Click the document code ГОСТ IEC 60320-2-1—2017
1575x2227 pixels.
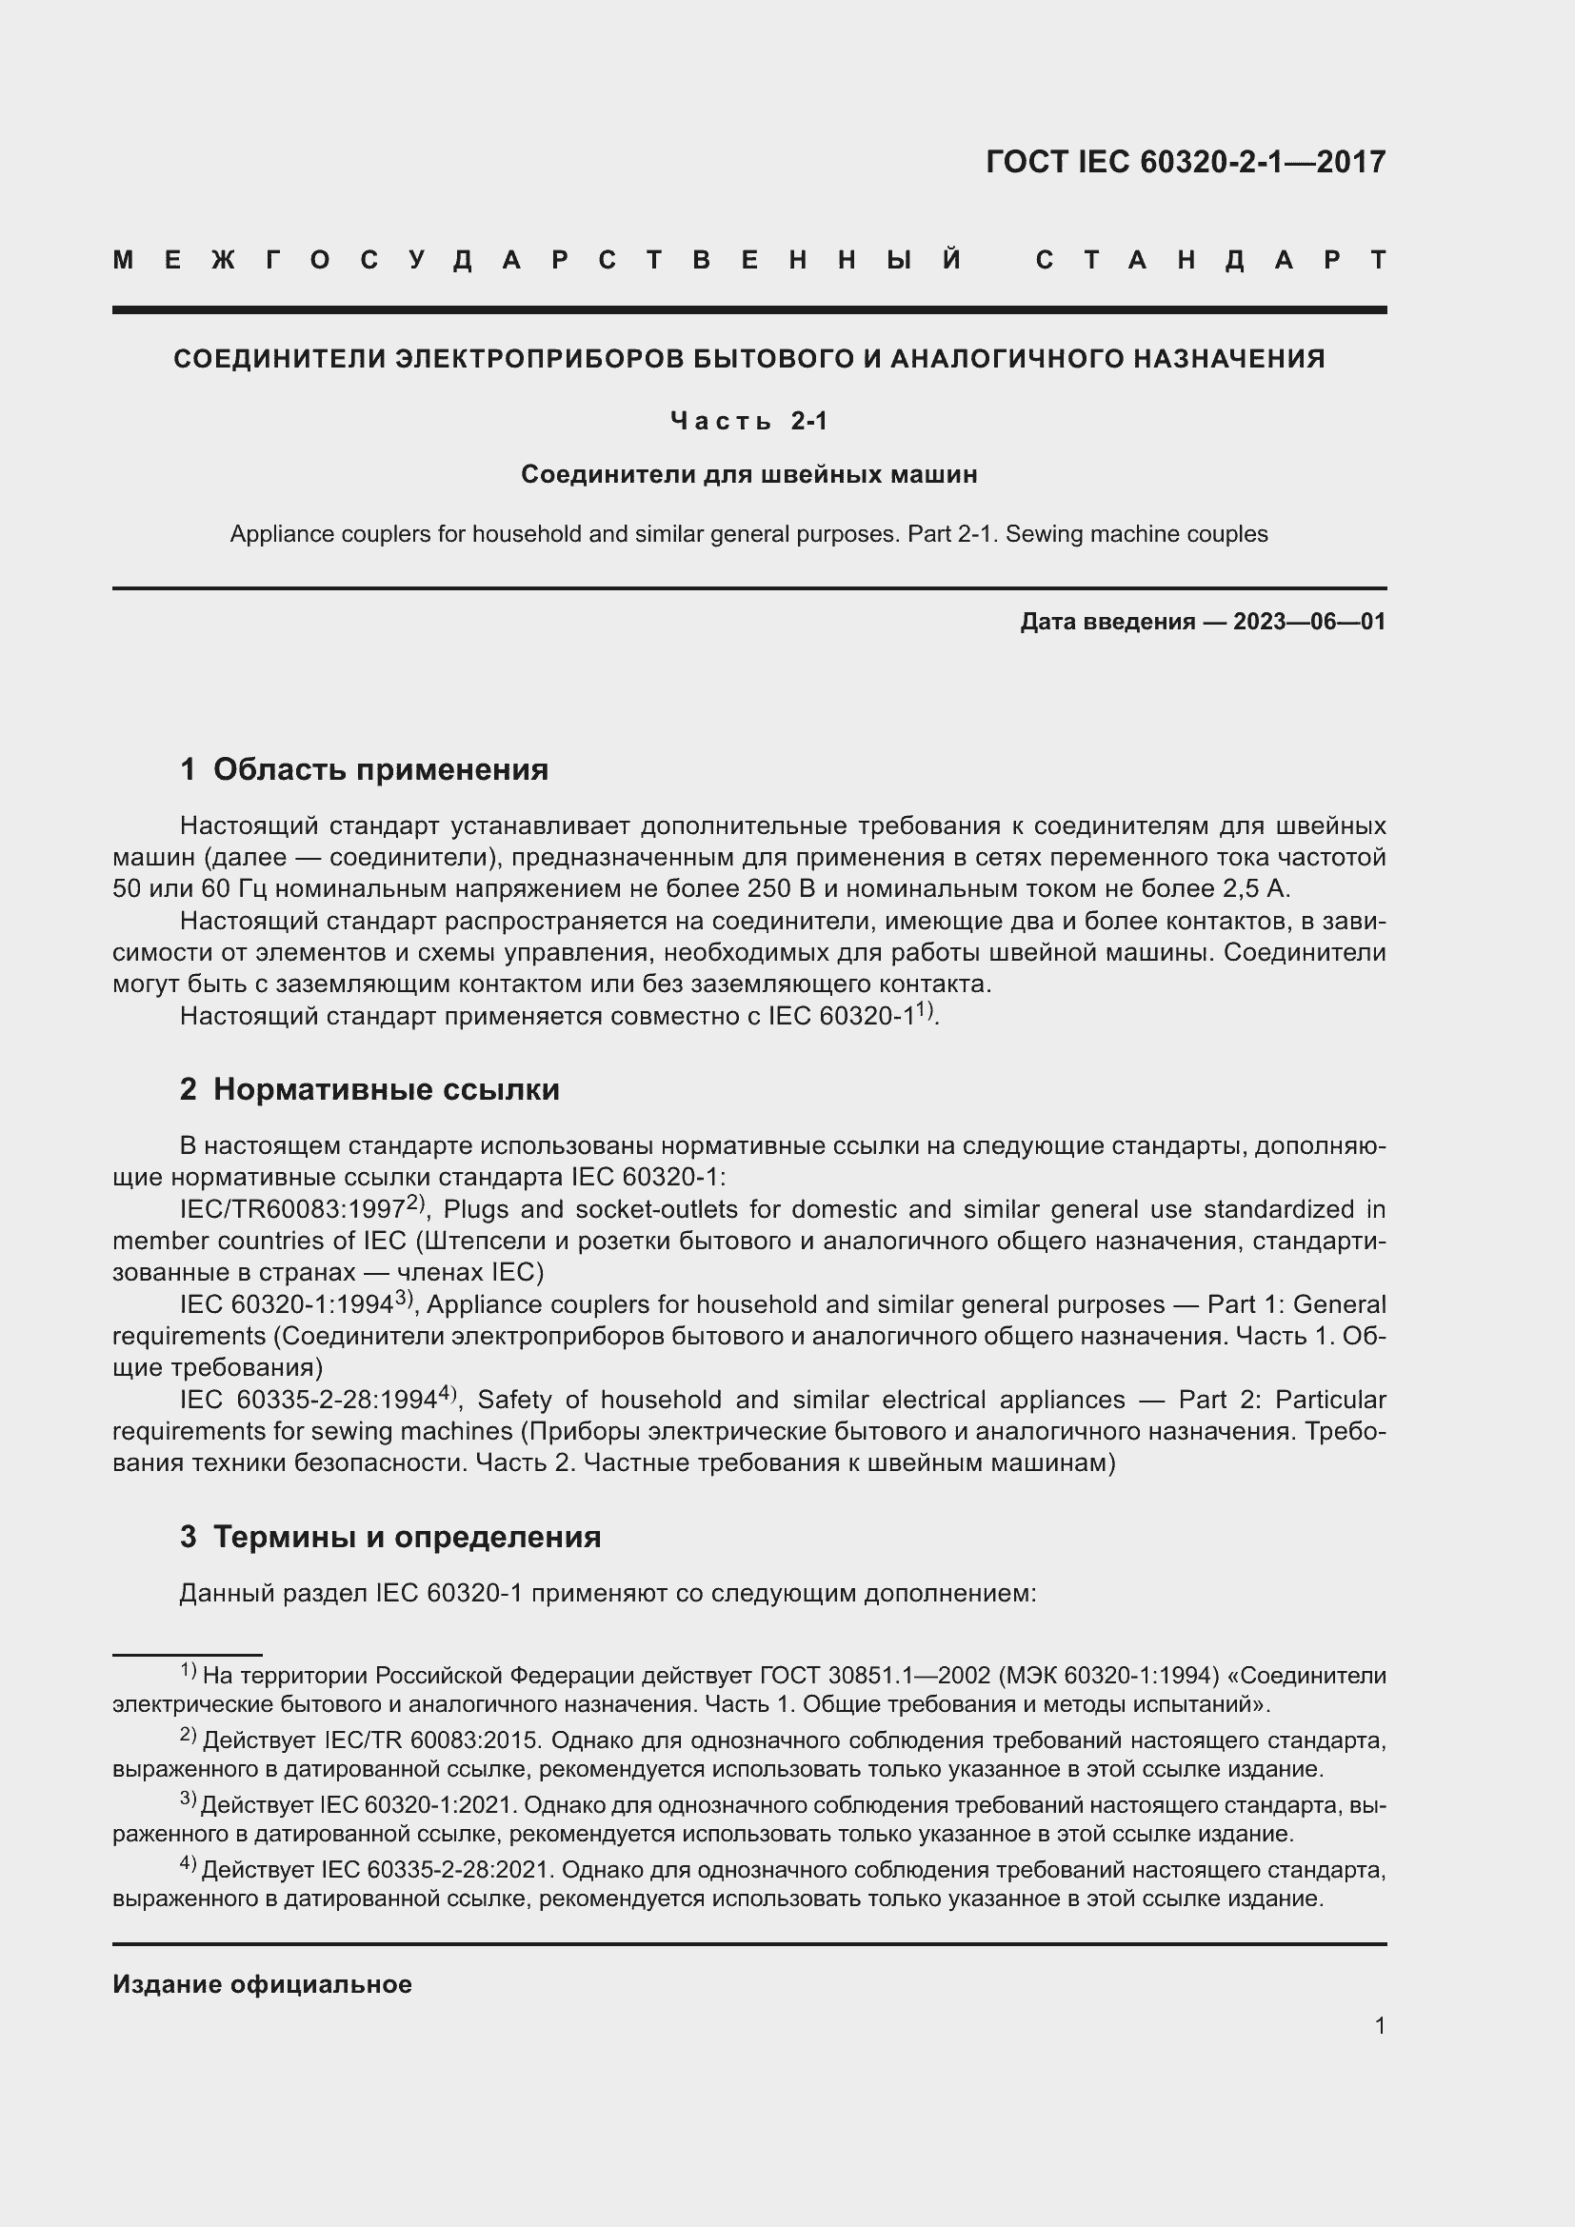(1186, 162)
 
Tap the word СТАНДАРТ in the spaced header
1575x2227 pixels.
(1210, 260)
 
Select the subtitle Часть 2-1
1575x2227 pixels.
(748, 421)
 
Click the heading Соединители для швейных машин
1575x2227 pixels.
(748, 474)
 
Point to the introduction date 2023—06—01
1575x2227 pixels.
(1309, 622)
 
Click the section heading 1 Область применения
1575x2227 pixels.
(364, 769)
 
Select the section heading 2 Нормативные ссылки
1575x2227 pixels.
(369, 1089)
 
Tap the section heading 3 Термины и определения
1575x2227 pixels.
(389, 1537)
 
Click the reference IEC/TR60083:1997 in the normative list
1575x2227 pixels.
(291, 1210)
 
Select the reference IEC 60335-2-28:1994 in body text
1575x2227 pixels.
(307, 1401)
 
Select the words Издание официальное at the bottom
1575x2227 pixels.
(262, 1984)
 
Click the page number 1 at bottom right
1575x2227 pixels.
(1379, 2026)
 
